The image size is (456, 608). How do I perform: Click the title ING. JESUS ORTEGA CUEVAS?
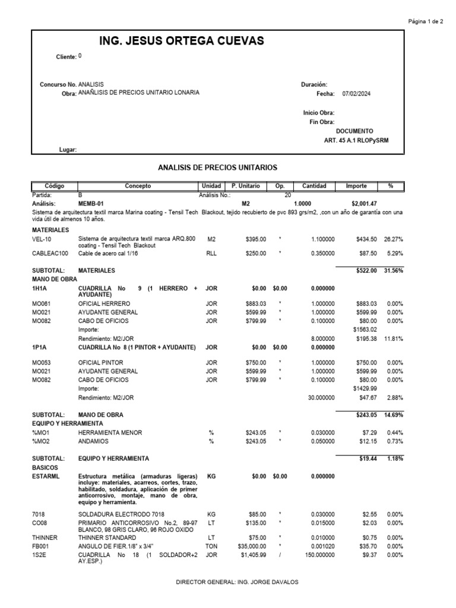point(175,40)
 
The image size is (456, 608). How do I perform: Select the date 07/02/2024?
point(356,94)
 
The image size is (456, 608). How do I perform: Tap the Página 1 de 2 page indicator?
point(426,21)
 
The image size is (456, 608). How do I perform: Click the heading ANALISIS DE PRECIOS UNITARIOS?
point(217,168)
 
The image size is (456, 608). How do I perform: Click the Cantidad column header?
point(314,186)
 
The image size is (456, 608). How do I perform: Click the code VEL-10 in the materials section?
point(41,239)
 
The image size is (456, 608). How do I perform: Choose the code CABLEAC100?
point(50,254)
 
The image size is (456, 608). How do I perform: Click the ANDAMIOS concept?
point(95,441)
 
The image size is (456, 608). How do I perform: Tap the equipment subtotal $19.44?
point(368,459)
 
